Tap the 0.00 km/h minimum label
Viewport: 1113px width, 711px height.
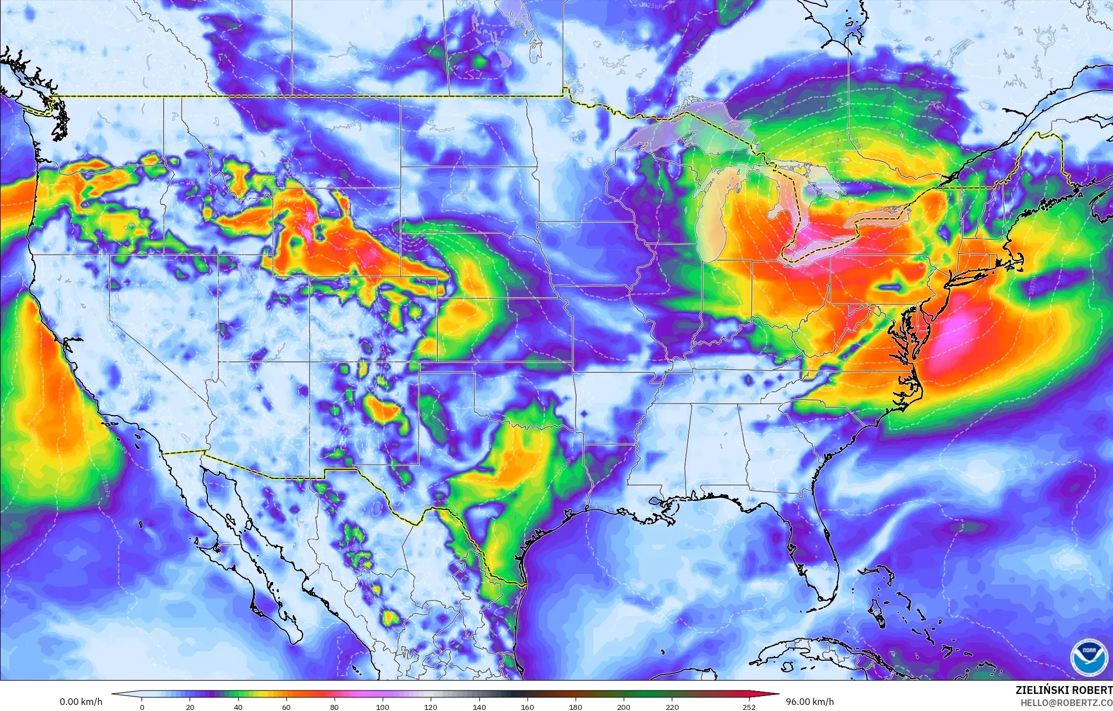coord(81,702)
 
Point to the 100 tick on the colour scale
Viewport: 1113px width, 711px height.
coord(383,707)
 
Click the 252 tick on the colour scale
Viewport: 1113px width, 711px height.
coord(749,707)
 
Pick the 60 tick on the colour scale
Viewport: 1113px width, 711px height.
coord(286,707)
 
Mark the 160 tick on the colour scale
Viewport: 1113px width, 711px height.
coord(527,707)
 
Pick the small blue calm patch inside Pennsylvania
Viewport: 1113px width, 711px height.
coord(889,287)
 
